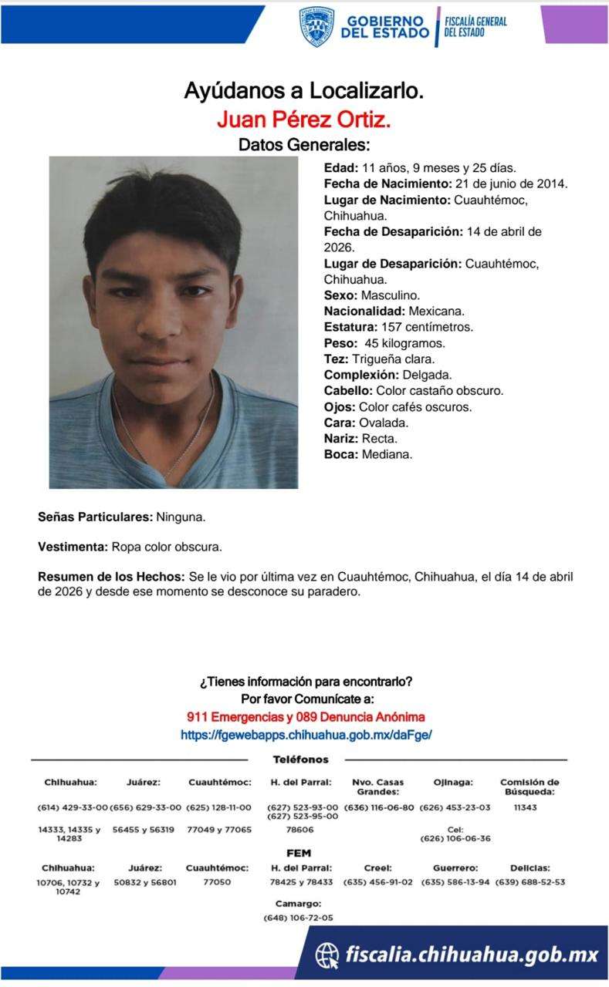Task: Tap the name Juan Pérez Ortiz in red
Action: pos(304,120)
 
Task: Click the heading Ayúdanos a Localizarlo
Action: pos(304,91)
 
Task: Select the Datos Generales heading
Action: pos(304,144)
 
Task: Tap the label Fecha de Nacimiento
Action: pos(387,184)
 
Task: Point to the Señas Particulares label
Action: pos(96,517)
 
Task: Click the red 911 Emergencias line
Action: pos(306,717)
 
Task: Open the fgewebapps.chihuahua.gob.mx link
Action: pos(306,735)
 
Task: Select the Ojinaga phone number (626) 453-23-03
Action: pos(455,807)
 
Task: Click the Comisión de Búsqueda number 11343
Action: pos(524,807)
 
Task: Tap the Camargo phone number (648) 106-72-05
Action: pos(298,918)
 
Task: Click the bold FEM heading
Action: pos(299,854)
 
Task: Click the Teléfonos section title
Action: pos(300,760)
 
